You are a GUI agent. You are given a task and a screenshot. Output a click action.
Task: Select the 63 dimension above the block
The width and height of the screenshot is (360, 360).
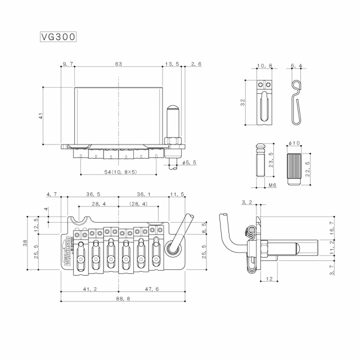118,65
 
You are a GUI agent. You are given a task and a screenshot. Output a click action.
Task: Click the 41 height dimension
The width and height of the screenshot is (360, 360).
40,115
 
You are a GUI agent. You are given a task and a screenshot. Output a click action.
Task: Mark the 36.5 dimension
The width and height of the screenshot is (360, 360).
93,194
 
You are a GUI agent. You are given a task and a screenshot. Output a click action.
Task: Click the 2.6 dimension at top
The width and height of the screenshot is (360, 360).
196,65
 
